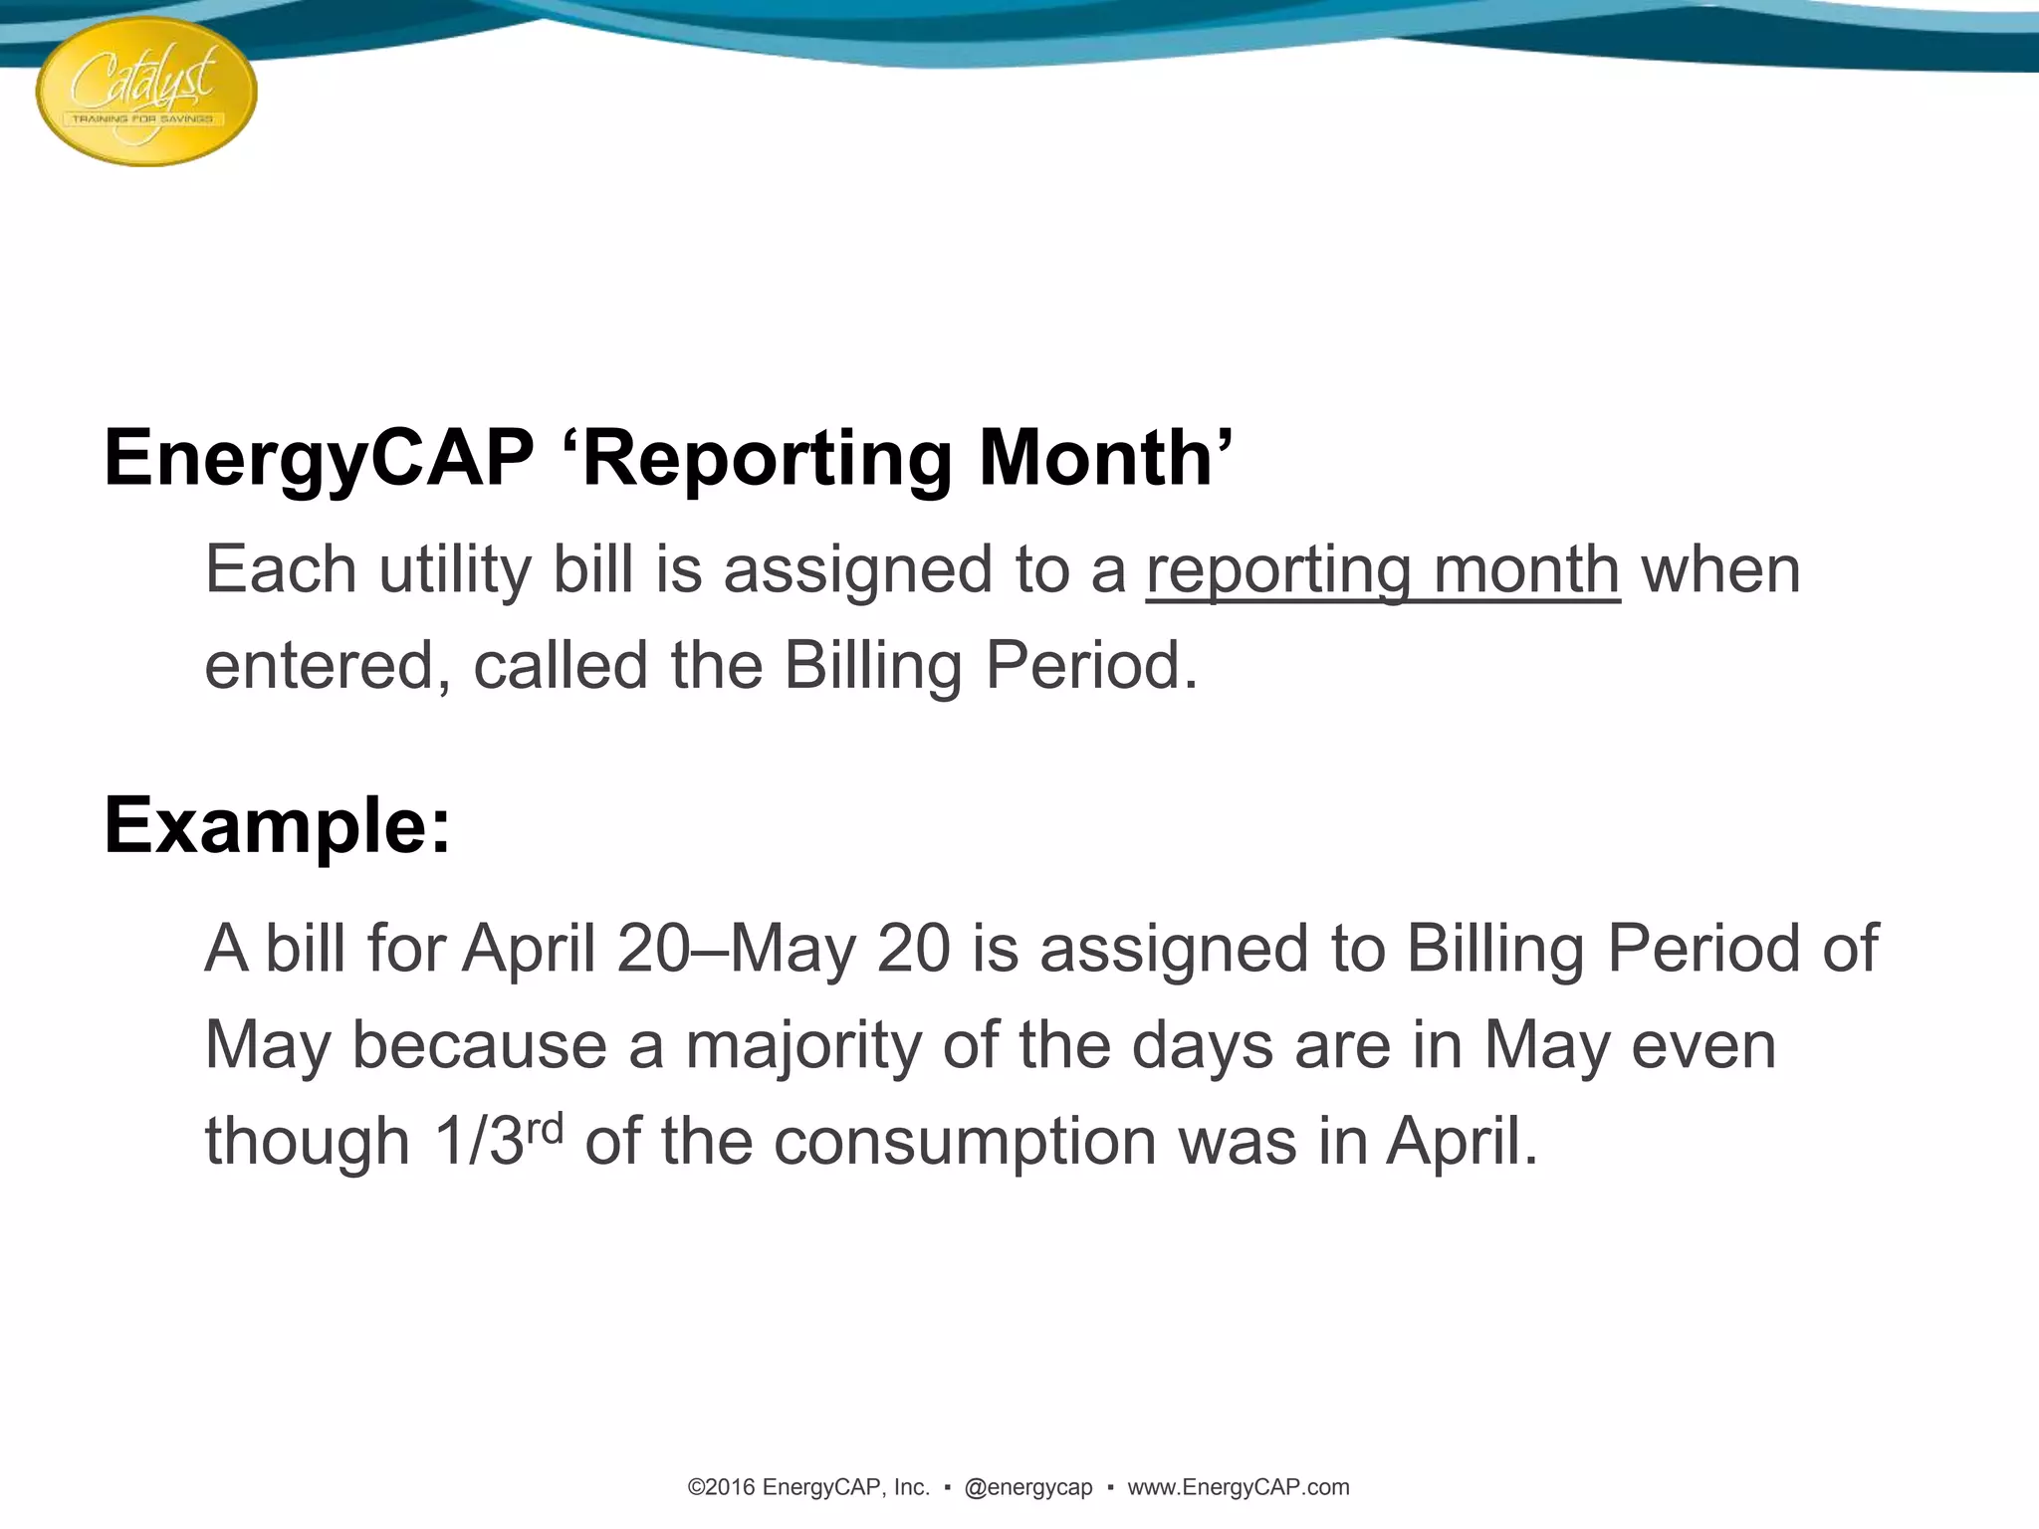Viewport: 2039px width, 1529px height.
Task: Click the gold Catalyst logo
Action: click(146, 92)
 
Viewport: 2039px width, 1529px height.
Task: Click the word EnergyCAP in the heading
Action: click(319, 458)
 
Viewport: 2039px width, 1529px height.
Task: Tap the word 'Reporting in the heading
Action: click(758, 458)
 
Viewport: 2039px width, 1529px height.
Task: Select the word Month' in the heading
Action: click(1105, 458)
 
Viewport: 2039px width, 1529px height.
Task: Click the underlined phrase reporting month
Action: click(1382, 570)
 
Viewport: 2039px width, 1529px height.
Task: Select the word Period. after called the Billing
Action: click(1091, 666)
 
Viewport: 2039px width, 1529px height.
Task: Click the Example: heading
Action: click(277, 825)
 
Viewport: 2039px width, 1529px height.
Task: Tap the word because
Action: click(479, 1045)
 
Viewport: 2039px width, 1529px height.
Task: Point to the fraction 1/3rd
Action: click(498, 1140)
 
